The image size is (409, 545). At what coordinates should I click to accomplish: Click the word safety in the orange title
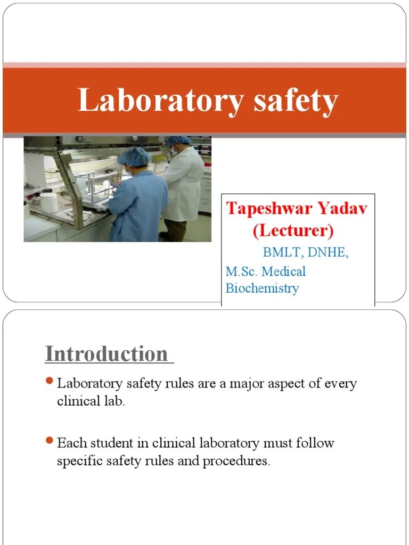[x=296, y=101]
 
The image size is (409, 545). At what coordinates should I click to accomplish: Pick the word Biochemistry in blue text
[x=262, y=288]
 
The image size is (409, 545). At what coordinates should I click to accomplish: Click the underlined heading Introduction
[x=106, y=354]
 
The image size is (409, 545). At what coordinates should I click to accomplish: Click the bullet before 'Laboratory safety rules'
[x=49, y=381]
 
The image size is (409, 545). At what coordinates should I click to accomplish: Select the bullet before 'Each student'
[x=49, y=441]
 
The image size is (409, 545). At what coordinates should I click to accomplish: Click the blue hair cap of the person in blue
[x=134, y=156]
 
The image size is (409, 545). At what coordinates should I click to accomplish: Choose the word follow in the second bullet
[x=316, y=443]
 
